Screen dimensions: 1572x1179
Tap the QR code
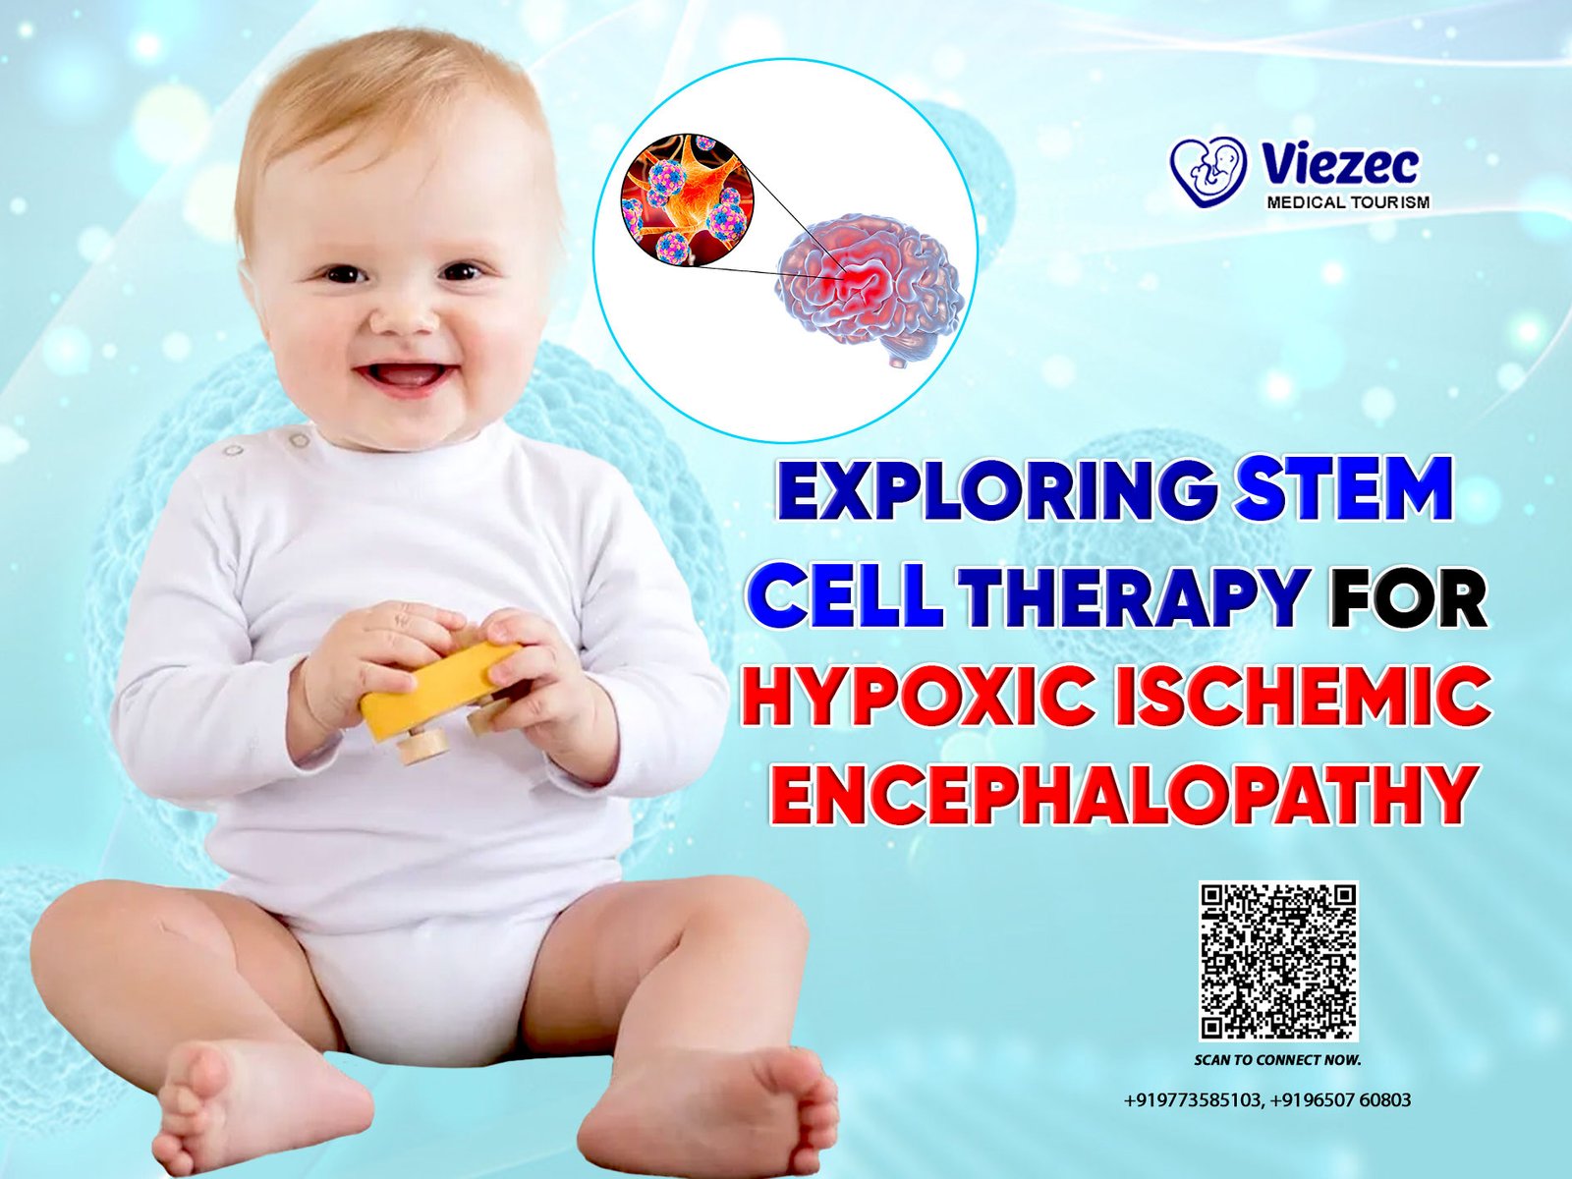1277,962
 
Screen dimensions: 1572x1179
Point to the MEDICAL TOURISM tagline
1348,201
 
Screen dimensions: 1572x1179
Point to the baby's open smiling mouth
402,376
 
